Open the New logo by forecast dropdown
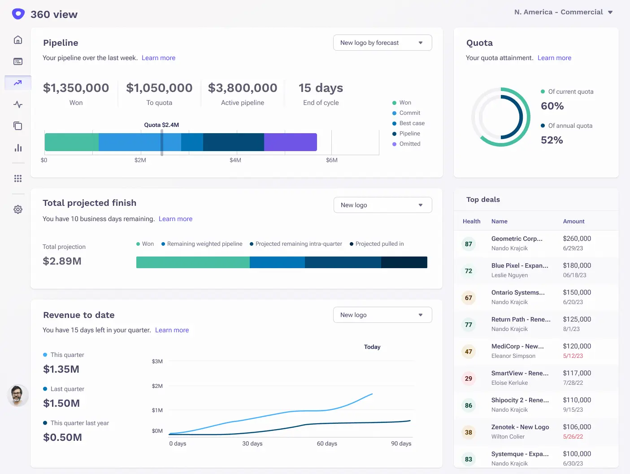[x=382, y=43]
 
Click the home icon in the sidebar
[x=18, y=40]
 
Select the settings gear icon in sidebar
[x=18, y=209]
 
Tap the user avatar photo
[x=18, y=396]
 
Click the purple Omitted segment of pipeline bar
[x=290, y=142]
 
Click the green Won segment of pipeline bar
[x=72, y=142]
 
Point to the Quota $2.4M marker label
[x=161, y=125]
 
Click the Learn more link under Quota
[x=554, y=58]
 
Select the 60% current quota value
[x=552, y=106]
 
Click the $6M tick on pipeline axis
[x=332, y=160]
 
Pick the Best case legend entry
[x=412, y=123]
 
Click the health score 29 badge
[x=469, y=378]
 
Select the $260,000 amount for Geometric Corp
[x=577, y=239]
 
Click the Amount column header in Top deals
[x=574, y=222]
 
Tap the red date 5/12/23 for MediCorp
[x=573, y=356]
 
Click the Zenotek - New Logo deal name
[x=520, y=427]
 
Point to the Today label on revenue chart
[x=372, y=347]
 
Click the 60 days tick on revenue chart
[x=327, y=444]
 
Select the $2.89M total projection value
[x=62, y=261]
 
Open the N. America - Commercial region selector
[x=563, y=12]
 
